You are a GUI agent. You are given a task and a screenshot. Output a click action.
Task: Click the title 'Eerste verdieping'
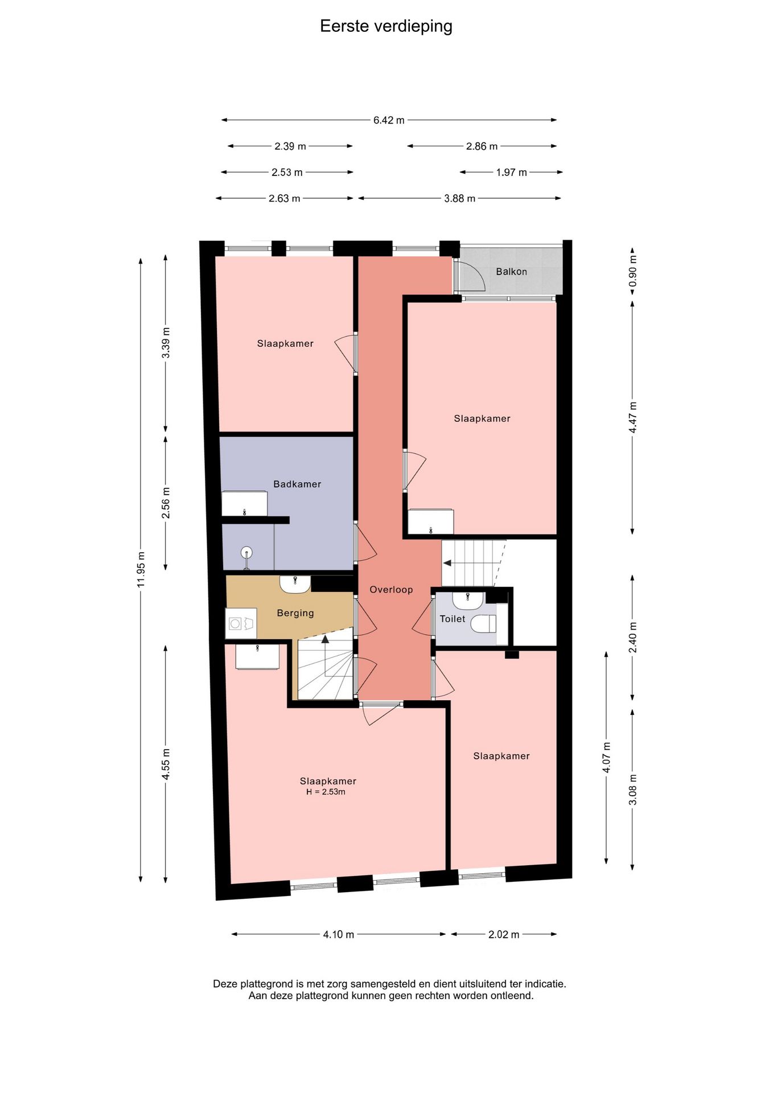(x=386, y=26)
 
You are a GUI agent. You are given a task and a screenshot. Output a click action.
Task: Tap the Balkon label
(x=511, y=272)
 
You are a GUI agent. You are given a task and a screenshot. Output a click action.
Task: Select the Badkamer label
(x=297, y=484)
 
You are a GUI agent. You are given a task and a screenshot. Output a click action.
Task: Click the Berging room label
(x=295, y=613)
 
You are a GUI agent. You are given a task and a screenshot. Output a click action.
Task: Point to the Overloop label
(x=391, y=590)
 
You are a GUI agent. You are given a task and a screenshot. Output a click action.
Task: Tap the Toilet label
(x=453, y=619)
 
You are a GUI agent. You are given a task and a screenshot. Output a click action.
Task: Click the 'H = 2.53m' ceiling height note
(x=326, y=792)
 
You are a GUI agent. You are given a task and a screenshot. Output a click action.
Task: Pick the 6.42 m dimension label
(x=389, y=120)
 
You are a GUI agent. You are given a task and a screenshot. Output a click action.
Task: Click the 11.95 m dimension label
(x=141, y=570)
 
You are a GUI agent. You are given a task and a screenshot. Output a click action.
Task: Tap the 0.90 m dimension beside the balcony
(x=632, y=271)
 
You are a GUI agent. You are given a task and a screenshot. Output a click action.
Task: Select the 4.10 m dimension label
(x=339, y=934)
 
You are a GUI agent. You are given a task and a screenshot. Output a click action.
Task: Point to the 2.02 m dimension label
(x=504, y=934)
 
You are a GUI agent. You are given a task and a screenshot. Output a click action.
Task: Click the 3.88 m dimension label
(x=459, y=199)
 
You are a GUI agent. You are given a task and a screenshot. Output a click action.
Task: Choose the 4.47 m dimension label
(x=632, y=417)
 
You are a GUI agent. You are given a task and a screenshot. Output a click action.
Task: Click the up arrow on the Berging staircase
(x=325, y=639)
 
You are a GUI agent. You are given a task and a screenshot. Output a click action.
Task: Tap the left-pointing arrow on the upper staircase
(x=447, y=563)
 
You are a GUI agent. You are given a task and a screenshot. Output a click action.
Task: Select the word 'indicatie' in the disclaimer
(x=545, y=984)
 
